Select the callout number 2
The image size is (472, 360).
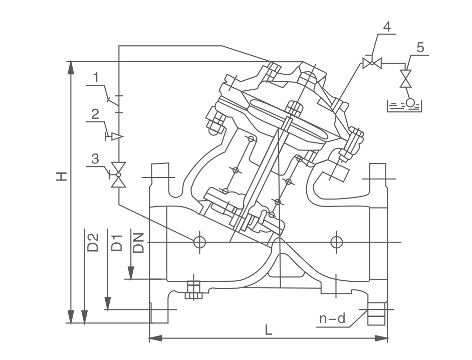(95, 114)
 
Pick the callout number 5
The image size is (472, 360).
(420, 48)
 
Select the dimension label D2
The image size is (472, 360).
(92, 242)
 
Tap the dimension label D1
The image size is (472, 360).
(116, 242)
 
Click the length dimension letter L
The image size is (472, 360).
(269, 330)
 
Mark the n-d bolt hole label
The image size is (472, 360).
(333, 318)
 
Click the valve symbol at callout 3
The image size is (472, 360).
(119, 174)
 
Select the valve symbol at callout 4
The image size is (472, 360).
(372, 63)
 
